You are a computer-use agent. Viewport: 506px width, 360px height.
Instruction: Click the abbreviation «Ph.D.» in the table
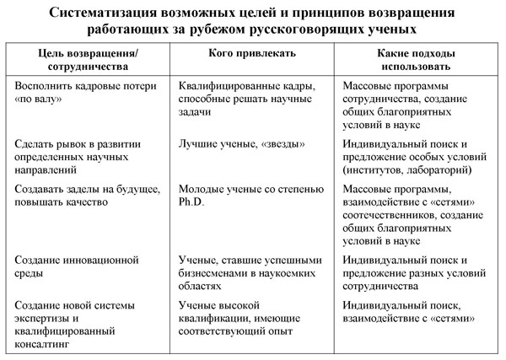[192, 202]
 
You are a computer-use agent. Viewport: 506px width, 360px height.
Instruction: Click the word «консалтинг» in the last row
[46, 344]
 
